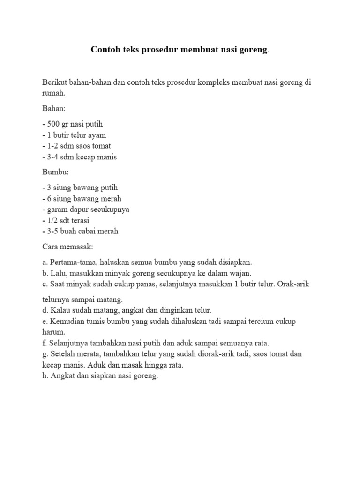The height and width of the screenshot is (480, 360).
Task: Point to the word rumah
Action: pyautogui.click(x=52, y=93)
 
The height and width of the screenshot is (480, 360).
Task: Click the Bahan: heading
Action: pyautogui.click(x=54, y=109)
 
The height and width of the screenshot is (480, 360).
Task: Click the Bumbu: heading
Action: pyautogui.click(x=55, y=172)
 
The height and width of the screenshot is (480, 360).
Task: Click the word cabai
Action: pyautogui.click(x=85, y=231)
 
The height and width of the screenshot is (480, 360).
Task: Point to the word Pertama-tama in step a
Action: pyautogui.click(x=70, y=262)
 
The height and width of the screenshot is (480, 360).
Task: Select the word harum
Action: pyautogui.click(x=52, y=332)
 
